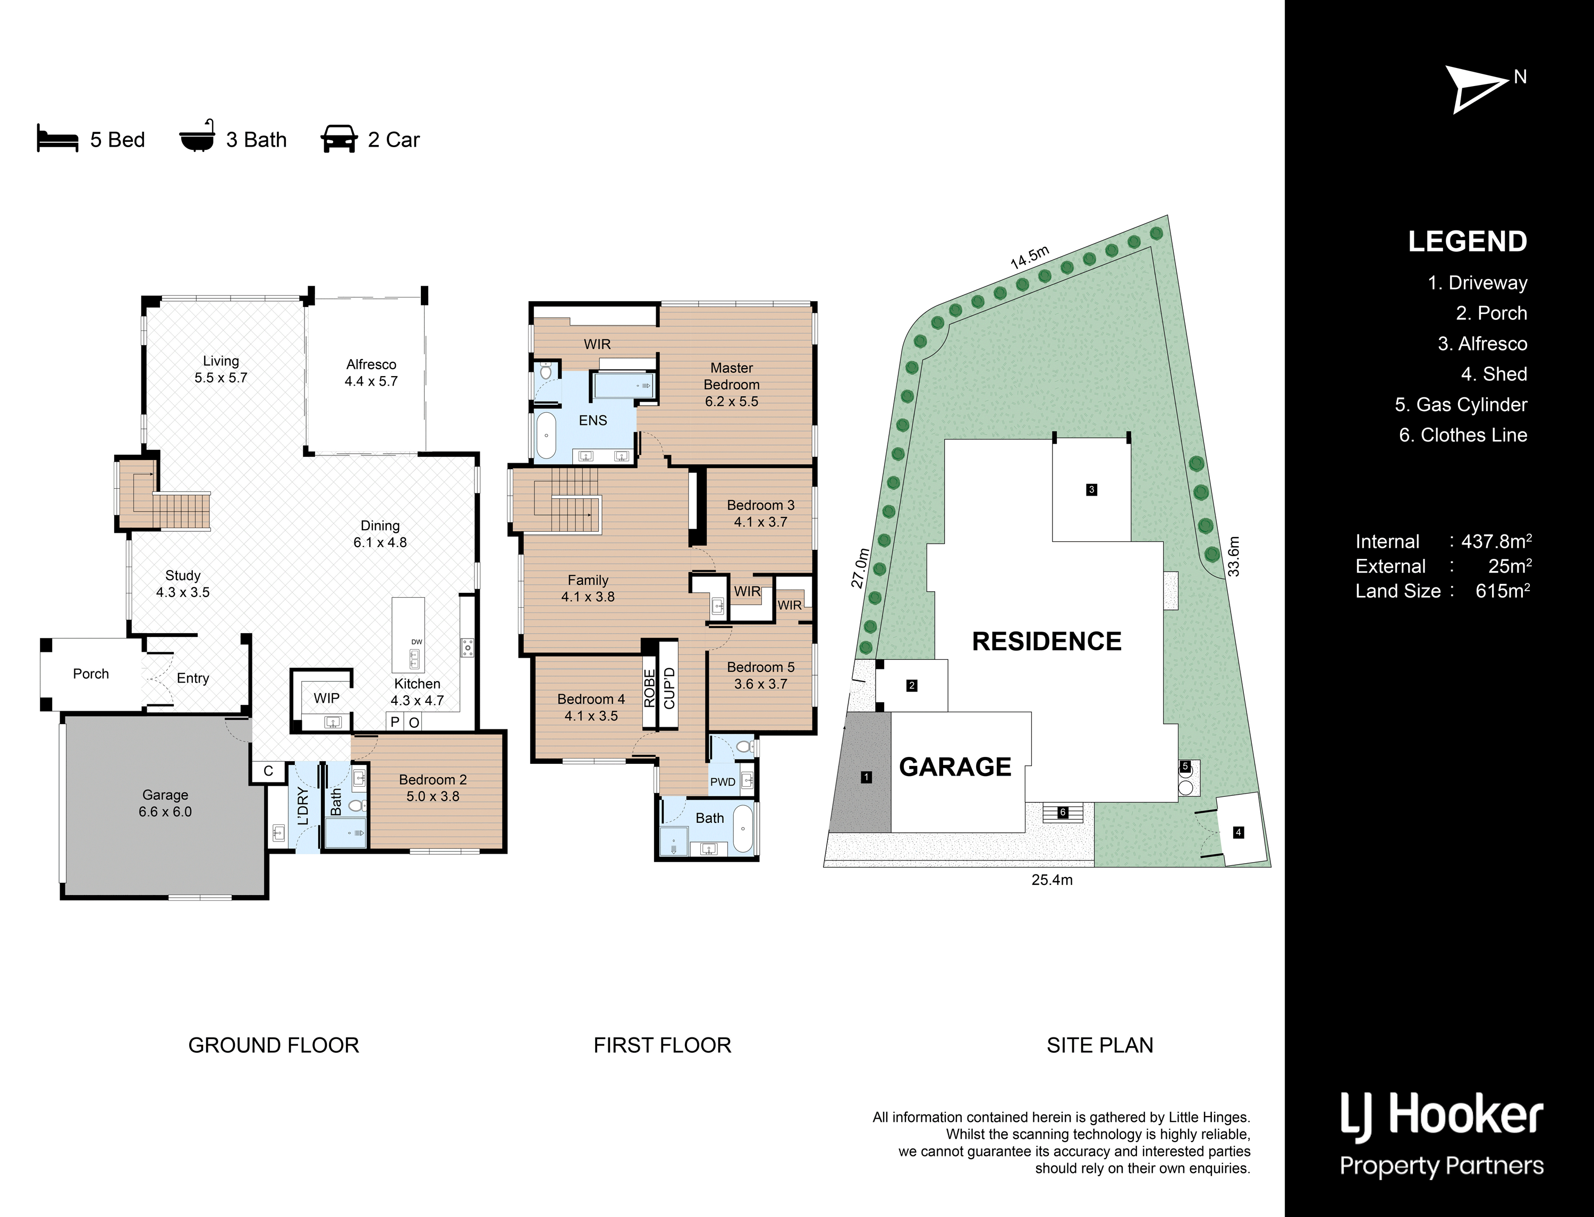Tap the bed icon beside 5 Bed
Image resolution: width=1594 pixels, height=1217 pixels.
pyautogui.click(x=57, y=138)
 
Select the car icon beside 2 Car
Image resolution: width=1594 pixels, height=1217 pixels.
pyautogui.click(x=339, y=139)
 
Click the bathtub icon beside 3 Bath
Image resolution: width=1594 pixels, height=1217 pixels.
pyautogui.click(x=197, y=136)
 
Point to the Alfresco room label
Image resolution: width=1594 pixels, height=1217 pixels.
pyautogui.click(x=371, y=364)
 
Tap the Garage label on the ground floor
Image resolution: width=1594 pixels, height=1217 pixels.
pyautogui.click(x=165, y=795)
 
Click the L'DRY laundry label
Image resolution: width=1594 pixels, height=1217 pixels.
pyautogui.click(x=303, y=806)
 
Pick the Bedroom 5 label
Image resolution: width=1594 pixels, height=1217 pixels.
pyautogui.click(x=761, y=667)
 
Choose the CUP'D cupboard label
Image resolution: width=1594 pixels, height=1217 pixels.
pyautogui.click(x=669, y=688)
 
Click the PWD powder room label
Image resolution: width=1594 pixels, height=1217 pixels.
pyautogui.click(x=723, y=781)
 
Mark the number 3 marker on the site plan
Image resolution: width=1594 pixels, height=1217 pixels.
pyautogui.click(x=1092, y=490)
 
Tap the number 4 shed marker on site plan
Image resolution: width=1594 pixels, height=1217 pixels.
pyautogui.click(x=1238, y=832)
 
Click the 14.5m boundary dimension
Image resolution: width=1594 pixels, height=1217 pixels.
pyautogui.click(x=1030, y=258)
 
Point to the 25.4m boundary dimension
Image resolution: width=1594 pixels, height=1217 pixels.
pyautogui.click(x=1052, y=880)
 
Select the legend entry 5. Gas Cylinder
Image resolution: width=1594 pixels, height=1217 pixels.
pyautogui.click(x=1461, y=404)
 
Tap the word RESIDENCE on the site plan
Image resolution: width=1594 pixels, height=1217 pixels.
pyautogui.click(x=1046, y=641)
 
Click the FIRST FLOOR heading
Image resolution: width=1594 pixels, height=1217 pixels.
pyautogui.click(x=662, y=1045)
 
